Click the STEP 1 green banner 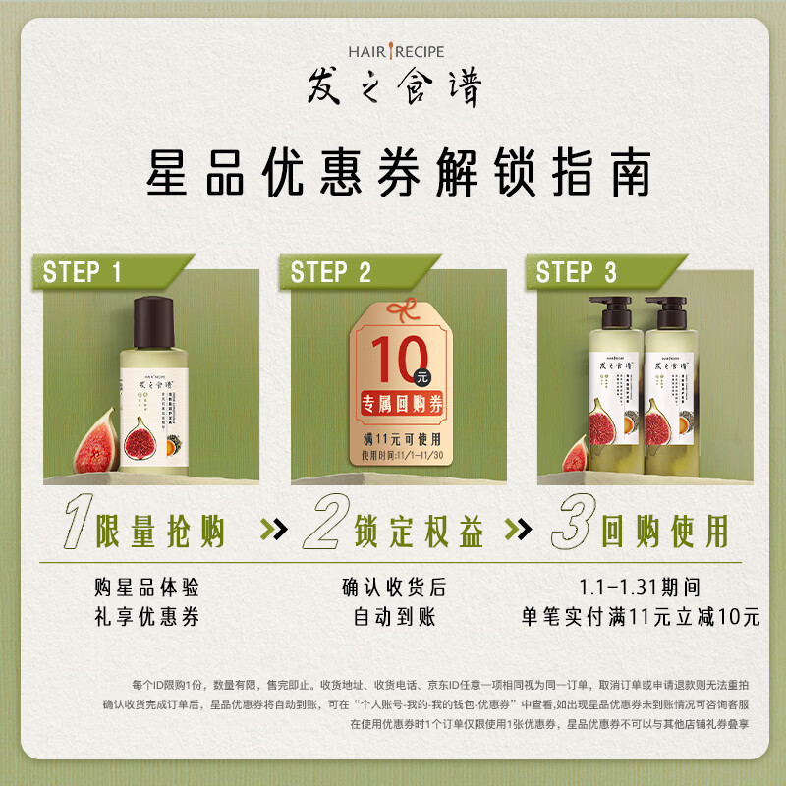[x=86, y=272]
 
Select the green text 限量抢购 [x=160, y=532]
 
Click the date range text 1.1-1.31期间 [x=640, y=588]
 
